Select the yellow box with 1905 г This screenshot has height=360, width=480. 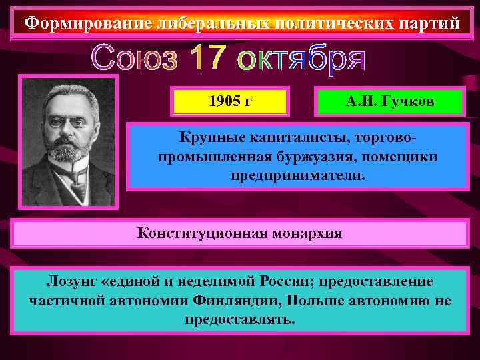point(229,102)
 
